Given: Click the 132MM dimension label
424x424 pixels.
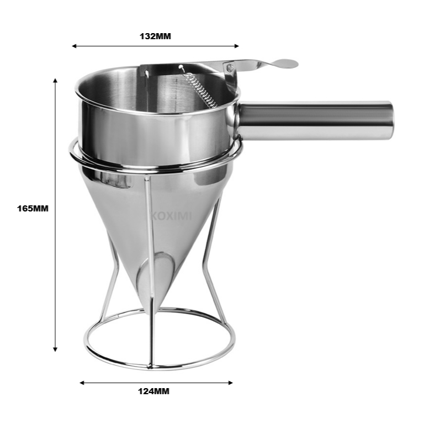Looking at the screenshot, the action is click(x=155, y=36).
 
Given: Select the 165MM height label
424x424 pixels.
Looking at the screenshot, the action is click(x=33, y=209).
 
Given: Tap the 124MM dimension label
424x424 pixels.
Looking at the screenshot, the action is click(x=153, y=391).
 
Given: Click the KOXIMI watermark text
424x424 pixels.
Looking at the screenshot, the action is click(x=171, y=216).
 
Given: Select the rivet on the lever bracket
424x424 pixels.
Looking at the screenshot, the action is click(x=230, y=67).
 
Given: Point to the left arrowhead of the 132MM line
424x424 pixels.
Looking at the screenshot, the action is click(x=74, y=46).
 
